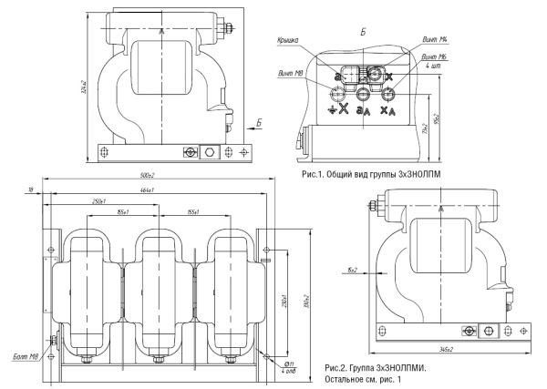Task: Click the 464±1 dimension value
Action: pos(146,189)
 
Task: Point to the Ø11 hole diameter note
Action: pos(290,363)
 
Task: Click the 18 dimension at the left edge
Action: pos(30,189)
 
